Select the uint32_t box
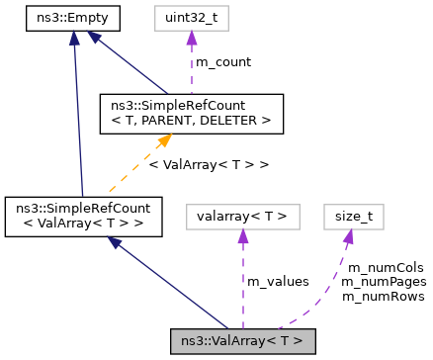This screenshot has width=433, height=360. tap(191, 17)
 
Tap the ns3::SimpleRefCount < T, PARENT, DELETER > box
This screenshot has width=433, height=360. tap(192, 113)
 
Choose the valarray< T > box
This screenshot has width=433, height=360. tap(242, 216)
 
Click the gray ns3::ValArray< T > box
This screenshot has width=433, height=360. tap(242, 341)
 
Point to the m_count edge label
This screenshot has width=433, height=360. tap(222, 62)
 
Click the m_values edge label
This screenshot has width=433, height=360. tap(277, 282)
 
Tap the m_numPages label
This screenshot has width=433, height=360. tap(383, 282)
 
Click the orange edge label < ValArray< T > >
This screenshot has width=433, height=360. tap(208, 163)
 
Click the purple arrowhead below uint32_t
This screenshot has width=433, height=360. tap(191, 39)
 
